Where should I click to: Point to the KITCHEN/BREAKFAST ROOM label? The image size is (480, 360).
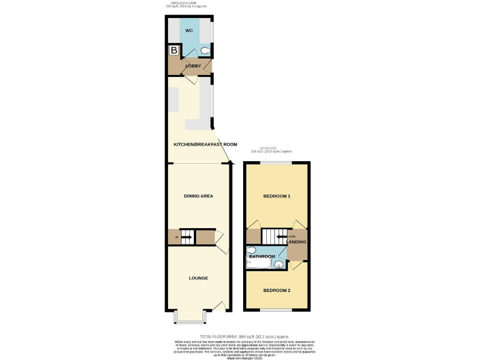[205, 144]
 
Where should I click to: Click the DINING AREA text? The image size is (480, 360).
[198, 196]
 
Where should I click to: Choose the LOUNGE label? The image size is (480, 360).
[198, 277]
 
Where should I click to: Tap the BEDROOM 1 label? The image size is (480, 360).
[276, 196]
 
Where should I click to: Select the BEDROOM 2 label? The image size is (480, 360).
[276, 291]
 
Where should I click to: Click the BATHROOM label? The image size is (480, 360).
[262, 256]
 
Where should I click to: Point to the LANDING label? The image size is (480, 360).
[298, 242]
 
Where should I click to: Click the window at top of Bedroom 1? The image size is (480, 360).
[276, 164]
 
